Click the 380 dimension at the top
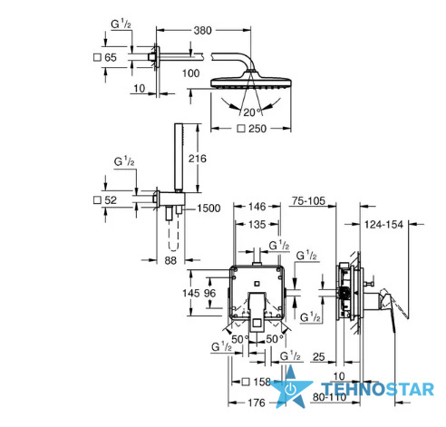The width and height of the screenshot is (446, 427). point(202,31)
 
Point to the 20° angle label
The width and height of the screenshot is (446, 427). point(252,112)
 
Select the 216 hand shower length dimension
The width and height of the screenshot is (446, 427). point(198,159)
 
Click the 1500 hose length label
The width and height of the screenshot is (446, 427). point(208,209)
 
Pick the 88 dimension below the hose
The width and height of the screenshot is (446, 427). point(170,260)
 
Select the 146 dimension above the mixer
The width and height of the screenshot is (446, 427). point(257,207)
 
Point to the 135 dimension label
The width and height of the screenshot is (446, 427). point(257,225)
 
